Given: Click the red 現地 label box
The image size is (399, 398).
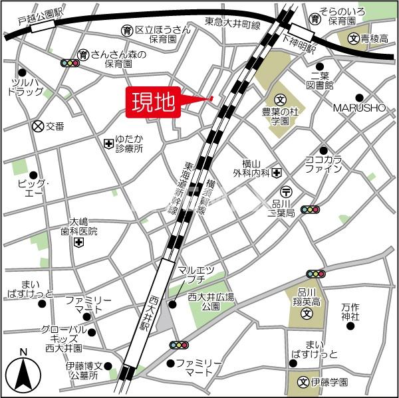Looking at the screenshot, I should pyautogui.click(x=152, y=103).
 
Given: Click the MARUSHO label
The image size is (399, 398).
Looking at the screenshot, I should pyautogui.click(x=359, y=108).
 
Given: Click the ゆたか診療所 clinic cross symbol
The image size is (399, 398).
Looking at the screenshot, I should pyautogui.click(x=108, y=143).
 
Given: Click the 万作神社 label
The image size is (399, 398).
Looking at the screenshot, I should pyautogui.click(x=350, y=312).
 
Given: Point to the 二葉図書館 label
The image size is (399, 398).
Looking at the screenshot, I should pyautogui.click(x=321, y=80).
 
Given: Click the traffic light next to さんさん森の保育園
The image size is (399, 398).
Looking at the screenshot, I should pyautogui.click(x=69, y=63).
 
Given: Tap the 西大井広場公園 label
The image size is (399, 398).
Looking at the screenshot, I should pyautogui.click(x=211, y=302).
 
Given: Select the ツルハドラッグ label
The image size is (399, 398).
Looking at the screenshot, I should pyautogui.click(x=26, y=87).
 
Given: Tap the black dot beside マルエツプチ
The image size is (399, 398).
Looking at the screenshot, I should pyautogui.click(x=172, y=304).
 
